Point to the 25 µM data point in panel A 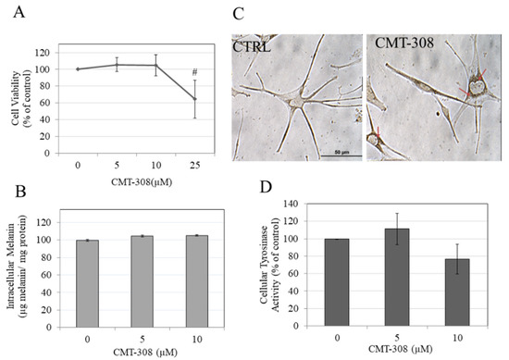[x=193, y=99]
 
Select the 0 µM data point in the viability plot [x=78, y=68]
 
